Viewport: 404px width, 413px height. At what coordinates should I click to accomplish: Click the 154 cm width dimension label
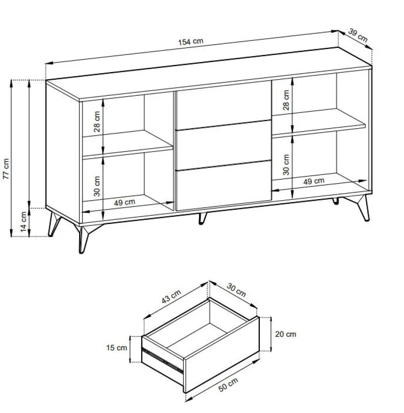coord(191,42)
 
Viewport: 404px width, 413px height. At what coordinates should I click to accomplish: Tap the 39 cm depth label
coord(358,35)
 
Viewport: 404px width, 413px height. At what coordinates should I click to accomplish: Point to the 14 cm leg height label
coord(24,222)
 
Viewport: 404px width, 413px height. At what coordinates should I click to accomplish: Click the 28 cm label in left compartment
coord(97,122)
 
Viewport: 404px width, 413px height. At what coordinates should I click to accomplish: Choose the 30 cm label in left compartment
coord(97,186)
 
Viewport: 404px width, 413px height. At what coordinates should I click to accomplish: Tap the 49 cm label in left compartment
coord(125,202)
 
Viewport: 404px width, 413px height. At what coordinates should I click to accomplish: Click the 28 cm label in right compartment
coord(286,100)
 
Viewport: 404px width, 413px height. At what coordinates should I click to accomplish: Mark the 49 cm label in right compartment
coord(314,181)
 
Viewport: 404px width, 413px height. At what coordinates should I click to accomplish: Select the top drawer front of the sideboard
coord(224,105)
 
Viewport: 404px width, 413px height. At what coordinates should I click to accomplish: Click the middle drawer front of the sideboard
coord(224,145)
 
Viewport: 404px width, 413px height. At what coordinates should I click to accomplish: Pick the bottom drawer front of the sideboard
coord(224,185)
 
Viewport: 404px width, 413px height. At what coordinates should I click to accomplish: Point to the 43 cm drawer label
coord(171,296)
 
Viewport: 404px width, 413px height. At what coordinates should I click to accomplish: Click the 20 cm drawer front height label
coord(286,334)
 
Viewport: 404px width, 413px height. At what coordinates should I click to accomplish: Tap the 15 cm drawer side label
coord(117,348)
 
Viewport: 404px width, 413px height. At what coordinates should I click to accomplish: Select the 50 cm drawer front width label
coord(229,385)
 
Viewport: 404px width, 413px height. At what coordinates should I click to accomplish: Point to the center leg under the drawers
coord(202,218)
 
